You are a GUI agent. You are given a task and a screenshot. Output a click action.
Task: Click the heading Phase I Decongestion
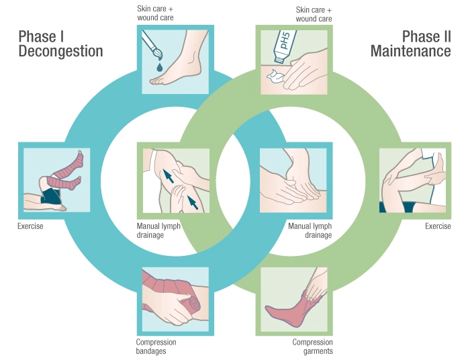tap(60, 44)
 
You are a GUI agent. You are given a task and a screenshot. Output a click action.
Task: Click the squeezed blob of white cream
tap(275, 75)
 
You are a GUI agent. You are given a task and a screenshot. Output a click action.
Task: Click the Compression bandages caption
tap(156, 347)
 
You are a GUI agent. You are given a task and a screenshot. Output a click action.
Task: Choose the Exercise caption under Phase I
tap(30, 226)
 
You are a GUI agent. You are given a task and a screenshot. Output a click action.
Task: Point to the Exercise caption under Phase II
tap(438, 226)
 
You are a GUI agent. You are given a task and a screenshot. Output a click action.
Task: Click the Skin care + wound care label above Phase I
tap(156, 13)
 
